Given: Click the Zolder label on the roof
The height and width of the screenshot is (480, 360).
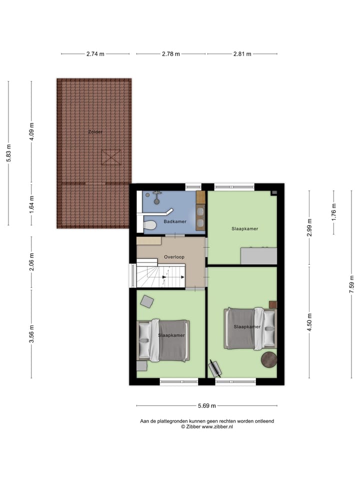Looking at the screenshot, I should pyautogui.click(x=95, y=132).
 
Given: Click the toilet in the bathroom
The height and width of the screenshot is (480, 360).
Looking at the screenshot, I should pyautogui.click(x=149, y=226).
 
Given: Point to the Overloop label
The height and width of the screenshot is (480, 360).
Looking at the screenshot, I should pyautogui.click(x=174, y=257).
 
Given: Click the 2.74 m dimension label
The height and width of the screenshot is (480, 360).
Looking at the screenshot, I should pyautogui.click(x=95, y=54).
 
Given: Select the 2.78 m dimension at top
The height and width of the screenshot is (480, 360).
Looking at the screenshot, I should pyautogui.click(x=170, y=54).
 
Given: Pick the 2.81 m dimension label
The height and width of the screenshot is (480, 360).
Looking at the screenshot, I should pyautogui.click(x=242, y=54).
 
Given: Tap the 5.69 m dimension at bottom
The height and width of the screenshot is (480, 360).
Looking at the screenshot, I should pyautogui.click(x=206, y=406).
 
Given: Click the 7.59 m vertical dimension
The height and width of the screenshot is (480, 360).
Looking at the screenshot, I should pyautogui.click(x=352, y=284).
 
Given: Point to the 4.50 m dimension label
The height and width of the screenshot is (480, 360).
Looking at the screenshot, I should pyautogui.click(x=309, y=322).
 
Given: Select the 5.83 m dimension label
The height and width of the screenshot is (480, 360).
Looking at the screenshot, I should pyautogui.click(x=8, y=152).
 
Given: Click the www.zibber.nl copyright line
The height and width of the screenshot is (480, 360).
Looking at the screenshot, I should pyautogui.click(x=206, y=427).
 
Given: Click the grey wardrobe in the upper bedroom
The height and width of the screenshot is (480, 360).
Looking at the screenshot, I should pyautogui.click(x=259, y=255).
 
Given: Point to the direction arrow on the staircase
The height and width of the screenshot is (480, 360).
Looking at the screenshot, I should pyautogui.click(x=166, y=277).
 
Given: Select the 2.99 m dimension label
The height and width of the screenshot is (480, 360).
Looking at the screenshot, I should pyautogui.click(x=309, y=228).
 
